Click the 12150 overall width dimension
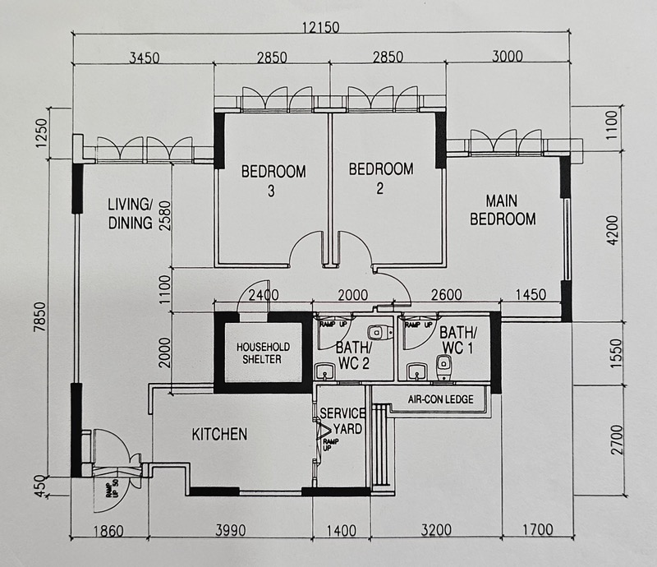321,28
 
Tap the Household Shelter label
263,353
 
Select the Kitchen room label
219,435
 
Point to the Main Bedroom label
503,210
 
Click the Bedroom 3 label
273,181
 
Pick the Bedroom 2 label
381,178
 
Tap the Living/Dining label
131,214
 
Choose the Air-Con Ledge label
441,399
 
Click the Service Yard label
343,421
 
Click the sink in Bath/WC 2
324,371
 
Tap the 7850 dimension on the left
40,318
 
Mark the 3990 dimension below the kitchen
231,531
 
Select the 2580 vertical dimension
165,216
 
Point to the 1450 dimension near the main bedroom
531,294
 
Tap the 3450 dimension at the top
145,58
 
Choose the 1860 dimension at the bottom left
108,532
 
